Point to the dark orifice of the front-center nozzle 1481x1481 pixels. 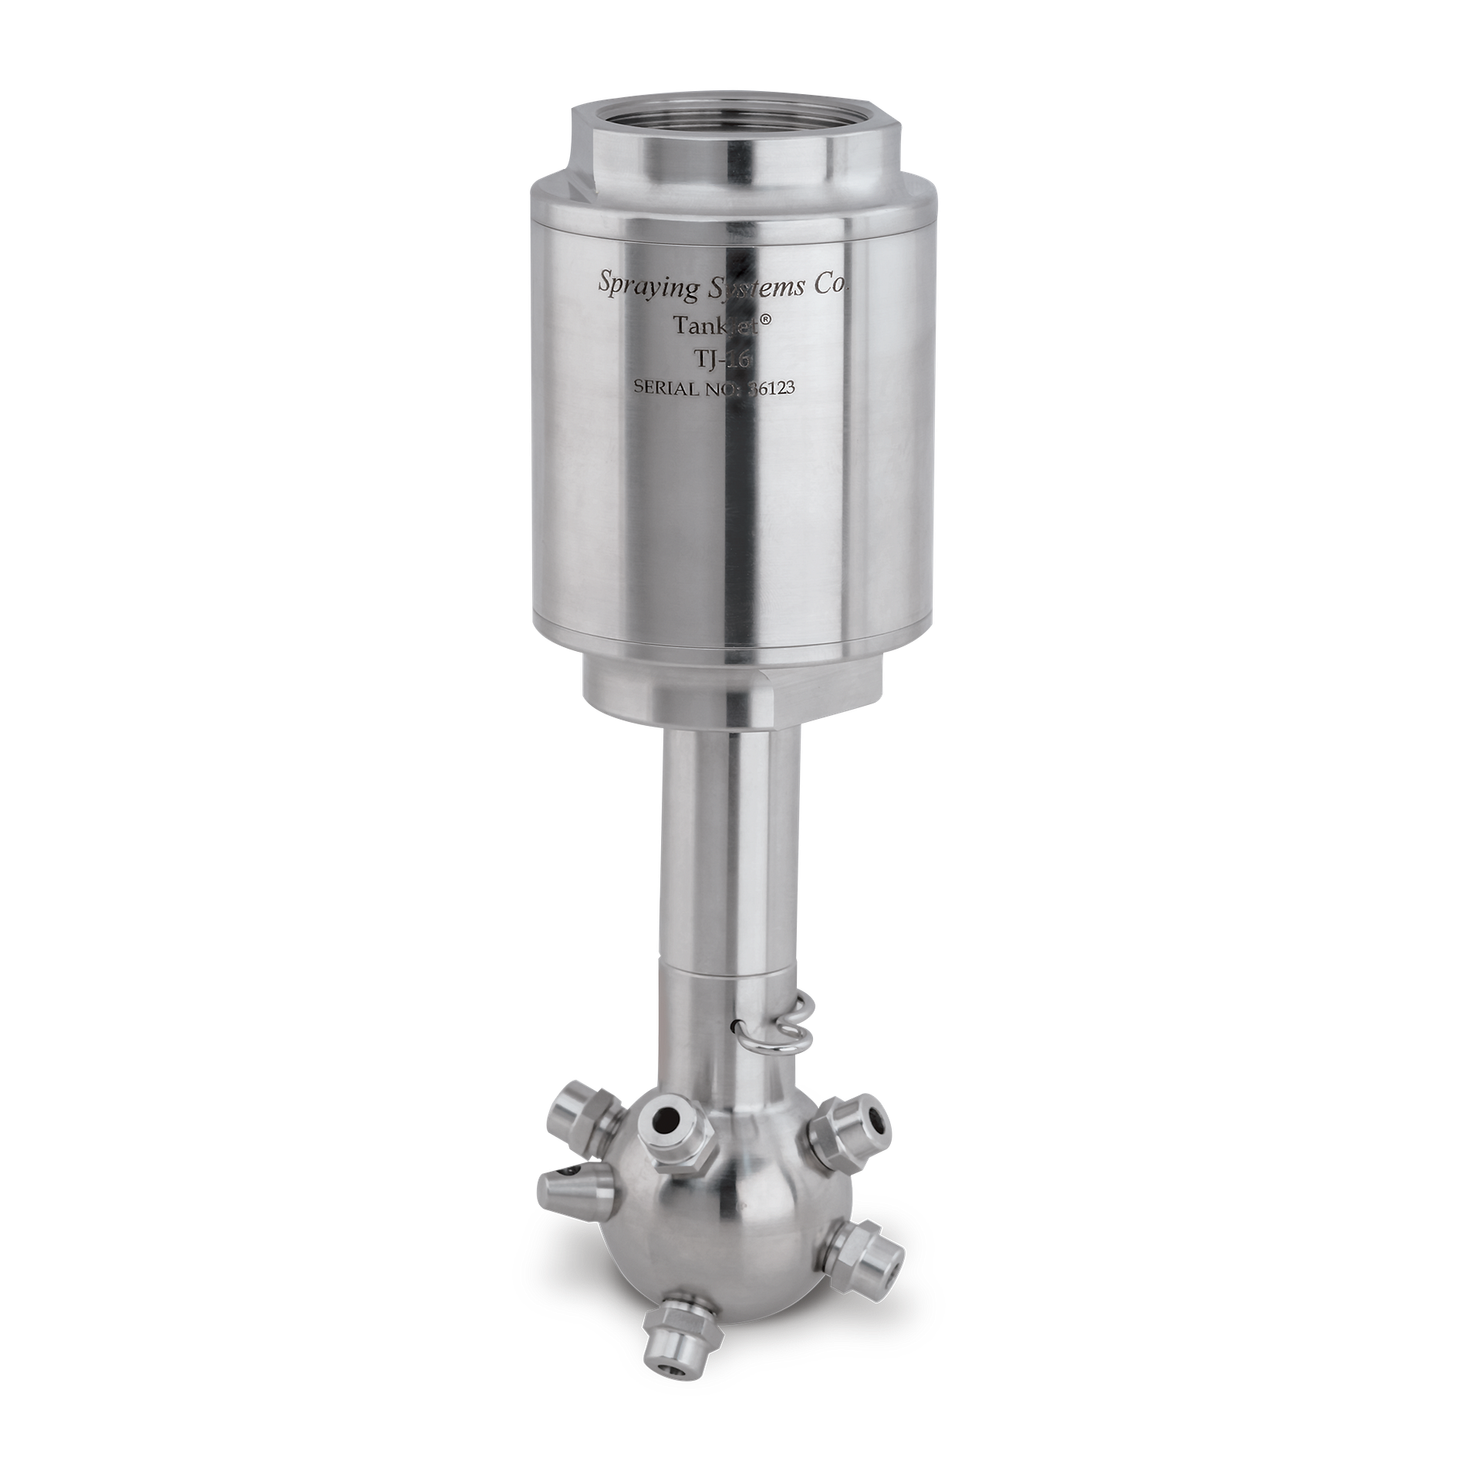(x=663, y=1118)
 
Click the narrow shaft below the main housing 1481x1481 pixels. (x=729, y=848)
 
